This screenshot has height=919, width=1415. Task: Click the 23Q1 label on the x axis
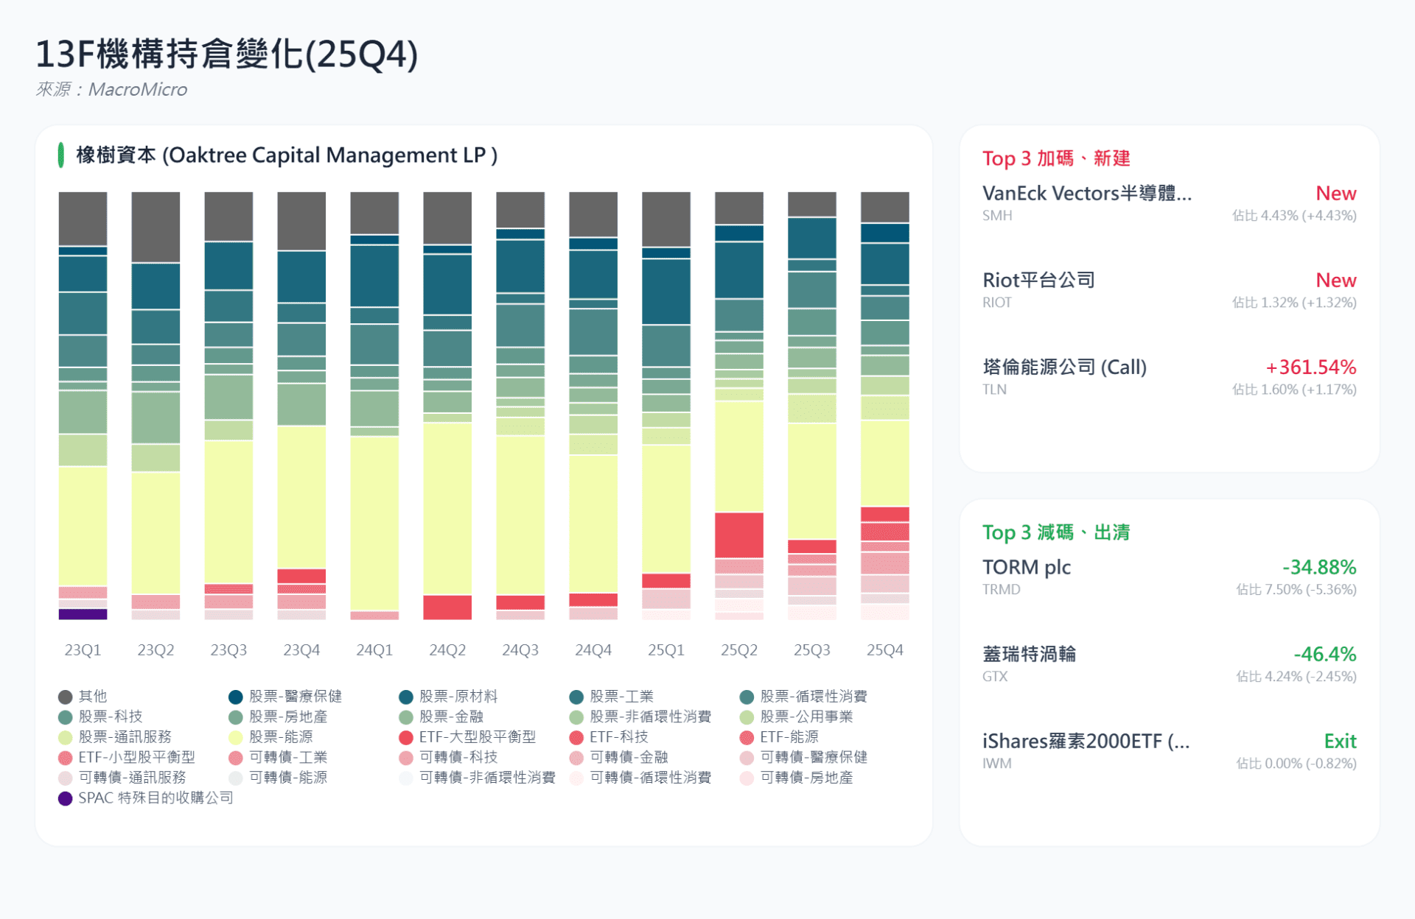(x=83, y=650)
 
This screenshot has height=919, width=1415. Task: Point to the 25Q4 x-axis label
(x=884, y=650)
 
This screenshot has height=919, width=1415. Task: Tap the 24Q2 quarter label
(x=447, y=650)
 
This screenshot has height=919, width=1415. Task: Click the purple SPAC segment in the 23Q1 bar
(x=83, y=614)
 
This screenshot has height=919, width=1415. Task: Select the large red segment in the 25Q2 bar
(x=738, y=535)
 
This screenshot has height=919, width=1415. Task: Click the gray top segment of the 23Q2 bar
(x=156, y=227)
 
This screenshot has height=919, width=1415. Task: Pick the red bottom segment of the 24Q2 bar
(x=447, y=607)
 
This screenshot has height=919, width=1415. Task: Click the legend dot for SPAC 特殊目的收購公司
(x=66, y=798)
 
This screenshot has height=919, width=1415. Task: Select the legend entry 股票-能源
(x=281, y=737)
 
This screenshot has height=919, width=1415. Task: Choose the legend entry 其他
(x=92, y=697)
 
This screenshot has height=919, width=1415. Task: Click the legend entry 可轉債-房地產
(x=806, y=778)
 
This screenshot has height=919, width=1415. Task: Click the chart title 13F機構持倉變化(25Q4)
(x=227, y=54)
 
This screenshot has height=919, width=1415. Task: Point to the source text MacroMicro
(x=138, y=90)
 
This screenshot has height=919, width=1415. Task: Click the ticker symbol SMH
(x=997, y=216)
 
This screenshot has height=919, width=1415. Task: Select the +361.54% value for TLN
(x=1310, y=367)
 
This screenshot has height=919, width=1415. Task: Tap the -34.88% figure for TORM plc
(x=1318, y=567)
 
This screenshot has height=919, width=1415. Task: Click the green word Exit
(x=1340, y=741)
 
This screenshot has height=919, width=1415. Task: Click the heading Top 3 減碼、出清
(x=1055, y=532)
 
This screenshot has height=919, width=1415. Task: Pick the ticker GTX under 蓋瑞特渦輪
(x=994, y=676)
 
